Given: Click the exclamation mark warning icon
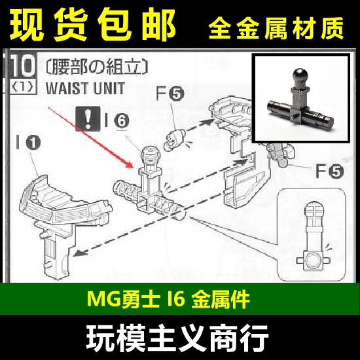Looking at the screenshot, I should click(86, 118).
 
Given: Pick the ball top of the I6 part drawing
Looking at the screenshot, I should click(149, 157).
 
